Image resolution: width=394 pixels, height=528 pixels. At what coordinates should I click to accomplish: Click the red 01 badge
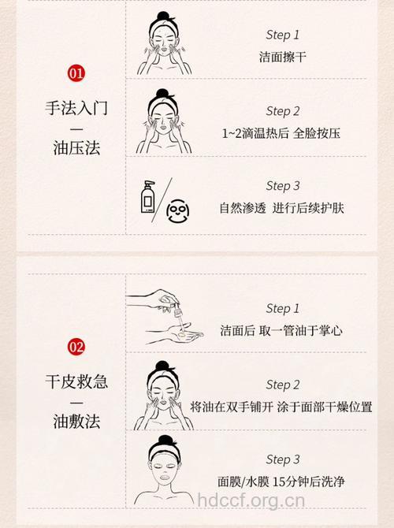tap(76, 74)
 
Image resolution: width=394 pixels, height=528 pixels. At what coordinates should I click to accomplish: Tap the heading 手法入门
tap(76, 108)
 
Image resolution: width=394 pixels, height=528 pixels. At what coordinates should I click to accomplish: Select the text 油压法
tap(76, 148)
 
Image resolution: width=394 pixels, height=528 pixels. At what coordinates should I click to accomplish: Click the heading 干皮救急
tap(76, 382)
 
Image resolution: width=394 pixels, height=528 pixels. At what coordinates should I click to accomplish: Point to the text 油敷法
tap(76, 422)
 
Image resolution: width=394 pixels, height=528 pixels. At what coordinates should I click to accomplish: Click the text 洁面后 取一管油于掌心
tap(281, 330)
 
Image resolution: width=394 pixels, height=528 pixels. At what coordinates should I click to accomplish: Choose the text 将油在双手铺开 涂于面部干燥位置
tap(281, 407)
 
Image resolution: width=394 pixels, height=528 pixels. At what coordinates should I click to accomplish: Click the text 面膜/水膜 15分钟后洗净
tap(281, 482)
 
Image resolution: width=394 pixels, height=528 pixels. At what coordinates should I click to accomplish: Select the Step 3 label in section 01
tap(282, 186)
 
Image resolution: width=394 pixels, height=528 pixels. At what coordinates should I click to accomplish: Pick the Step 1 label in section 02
tap(282, 308)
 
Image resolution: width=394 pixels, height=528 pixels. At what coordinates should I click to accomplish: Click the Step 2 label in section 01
tap(282, 111)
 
